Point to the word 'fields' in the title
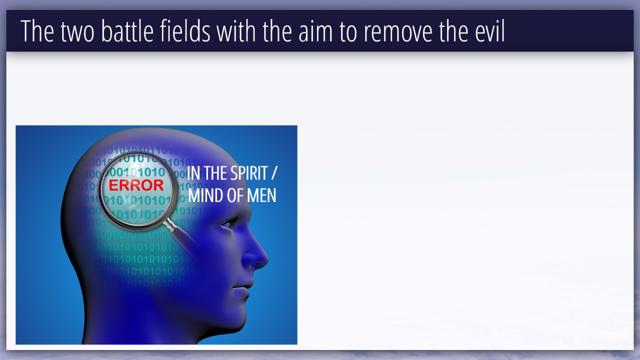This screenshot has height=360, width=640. pos(185,31)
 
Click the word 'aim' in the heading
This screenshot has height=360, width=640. pos(315,31)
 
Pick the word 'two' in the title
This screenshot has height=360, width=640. pos(77,32)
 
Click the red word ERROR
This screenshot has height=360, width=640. pos(136,185)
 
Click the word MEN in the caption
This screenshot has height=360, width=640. pos(261,195)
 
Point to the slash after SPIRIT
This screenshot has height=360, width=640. pos(273,173)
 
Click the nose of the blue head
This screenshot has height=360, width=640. pos(255,254)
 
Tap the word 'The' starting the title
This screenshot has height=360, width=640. pos(37,31)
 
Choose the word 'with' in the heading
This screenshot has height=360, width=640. pos(236,31)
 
